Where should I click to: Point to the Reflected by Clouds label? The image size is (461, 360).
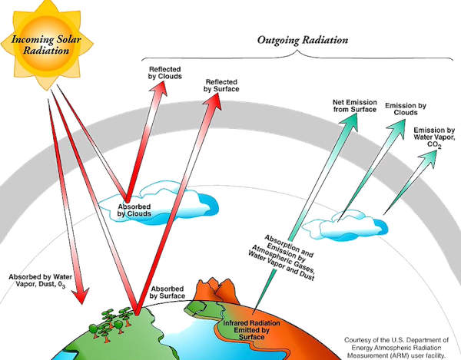(x=163, y=72)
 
